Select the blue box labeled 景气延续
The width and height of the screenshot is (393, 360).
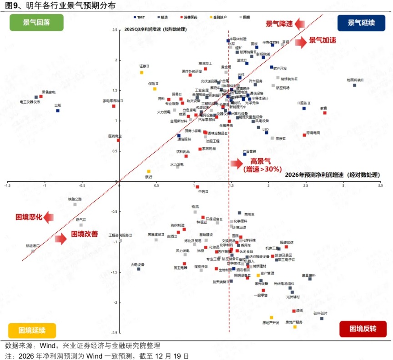click(362, 23)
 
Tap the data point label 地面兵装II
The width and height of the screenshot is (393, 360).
click(355, 80)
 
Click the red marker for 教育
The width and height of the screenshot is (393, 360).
click(325, 113)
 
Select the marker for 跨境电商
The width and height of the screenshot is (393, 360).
click(305, 135)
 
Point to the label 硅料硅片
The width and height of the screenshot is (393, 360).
click(320, 313)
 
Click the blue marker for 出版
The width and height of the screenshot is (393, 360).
click(58, 110)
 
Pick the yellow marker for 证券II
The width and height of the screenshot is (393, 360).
click(141, 72)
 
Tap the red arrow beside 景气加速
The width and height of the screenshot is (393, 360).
click(301, 42)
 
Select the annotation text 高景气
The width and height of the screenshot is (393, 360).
click(260, 161)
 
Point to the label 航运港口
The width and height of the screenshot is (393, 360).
click(33, 245)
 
